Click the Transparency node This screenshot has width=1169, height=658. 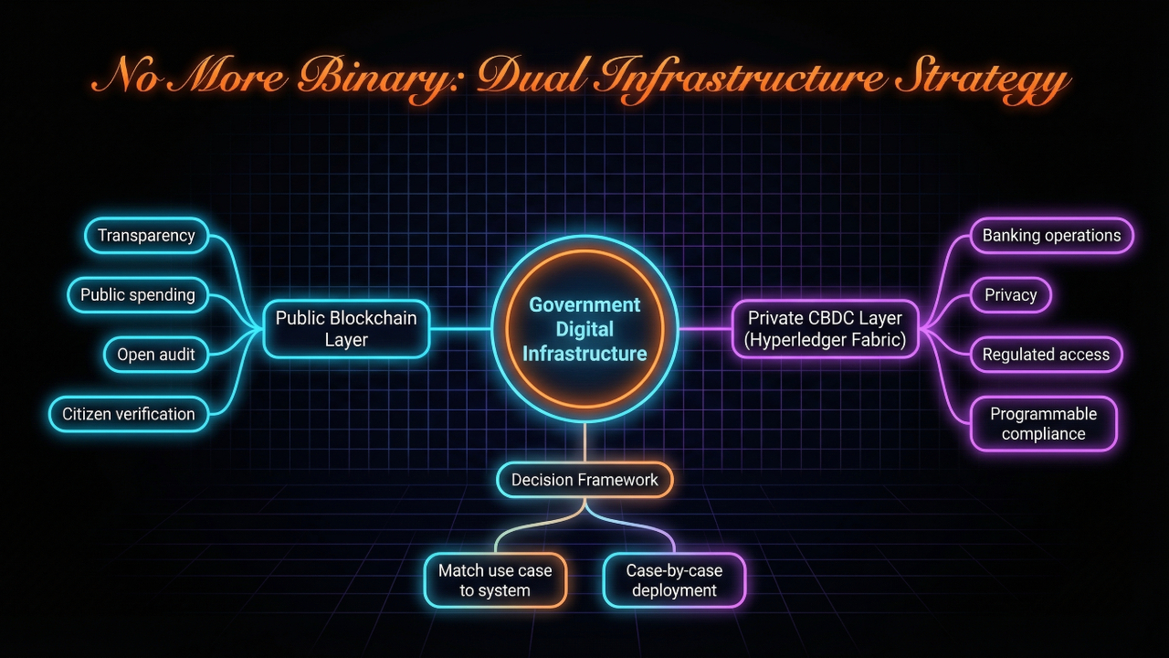[146, 236]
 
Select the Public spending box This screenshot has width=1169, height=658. [138, 295]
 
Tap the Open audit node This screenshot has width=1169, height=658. [156, 355]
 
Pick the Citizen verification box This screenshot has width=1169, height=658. [129, 414]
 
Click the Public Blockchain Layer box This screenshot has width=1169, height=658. [346, 329]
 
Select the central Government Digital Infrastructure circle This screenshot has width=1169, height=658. [584, 329]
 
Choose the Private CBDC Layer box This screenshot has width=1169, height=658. [825, 329]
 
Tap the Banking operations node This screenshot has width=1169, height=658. [1051, 236]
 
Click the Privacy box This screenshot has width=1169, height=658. [1010, 295]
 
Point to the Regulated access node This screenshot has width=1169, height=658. [1046, 355]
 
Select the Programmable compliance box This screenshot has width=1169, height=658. [1043, 424]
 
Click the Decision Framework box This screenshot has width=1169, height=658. [584, 480]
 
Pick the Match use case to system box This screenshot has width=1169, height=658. [495, 580]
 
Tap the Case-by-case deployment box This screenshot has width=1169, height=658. [674, 580]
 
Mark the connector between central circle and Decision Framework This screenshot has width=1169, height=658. [584, 442]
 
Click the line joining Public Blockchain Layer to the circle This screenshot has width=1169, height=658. [460, 329]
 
